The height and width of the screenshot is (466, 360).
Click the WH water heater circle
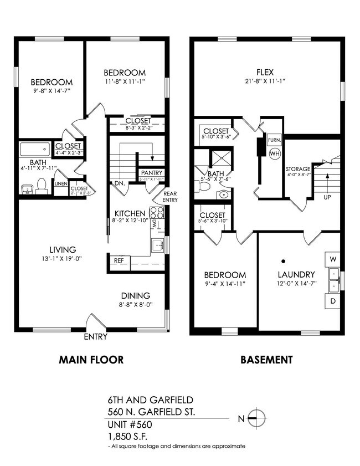[x=274, y=153]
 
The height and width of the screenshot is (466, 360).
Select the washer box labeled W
[x=332, y=259]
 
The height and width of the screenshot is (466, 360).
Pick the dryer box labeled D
[x=332, y=301]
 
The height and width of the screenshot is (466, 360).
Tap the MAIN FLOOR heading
[x=91, y=360]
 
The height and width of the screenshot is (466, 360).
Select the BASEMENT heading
[x=266, y=360]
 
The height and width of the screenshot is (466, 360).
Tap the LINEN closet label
[x=60, y=183]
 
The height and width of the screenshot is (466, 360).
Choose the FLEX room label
[x=265, y=72]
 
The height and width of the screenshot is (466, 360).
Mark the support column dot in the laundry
[x=282, y=260]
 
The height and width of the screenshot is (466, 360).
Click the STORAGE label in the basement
[x=297, y=169]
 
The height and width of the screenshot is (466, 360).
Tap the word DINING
[x=136, y=295]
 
